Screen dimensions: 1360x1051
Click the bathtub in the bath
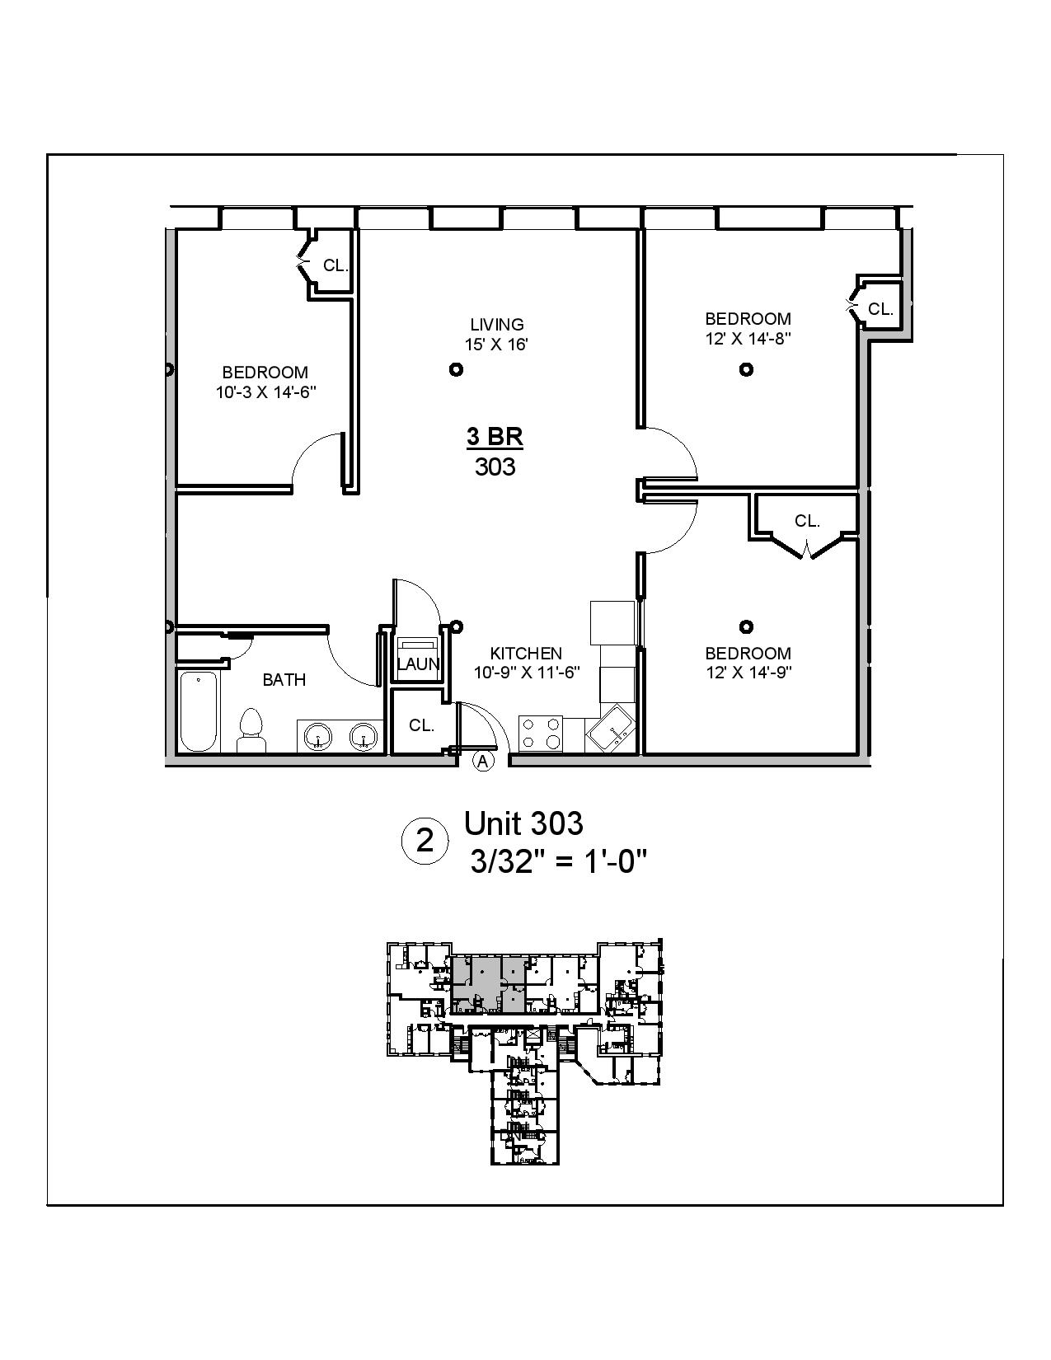[199, 712]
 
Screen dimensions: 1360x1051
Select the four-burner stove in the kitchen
[541, 733]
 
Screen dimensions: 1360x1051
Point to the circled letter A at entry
[483, 762]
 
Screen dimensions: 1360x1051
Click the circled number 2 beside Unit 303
[425, 842]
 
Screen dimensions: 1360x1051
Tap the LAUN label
[418, 664]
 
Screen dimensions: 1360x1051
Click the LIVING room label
[496, 325]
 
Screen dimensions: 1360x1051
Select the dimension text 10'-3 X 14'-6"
[266, 393]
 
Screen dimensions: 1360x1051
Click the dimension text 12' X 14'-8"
[748, 339]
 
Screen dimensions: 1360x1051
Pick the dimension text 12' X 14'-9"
[748, 673]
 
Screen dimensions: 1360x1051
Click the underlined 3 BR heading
[495, 437]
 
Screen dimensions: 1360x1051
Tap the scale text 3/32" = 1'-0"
[557, 862]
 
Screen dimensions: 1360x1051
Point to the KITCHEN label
[526, 654]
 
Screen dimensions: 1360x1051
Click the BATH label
[284, 680]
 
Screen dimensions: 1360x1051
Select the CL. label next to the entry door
[421, 725]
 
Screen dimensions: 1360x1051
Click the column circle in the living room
[456, 369]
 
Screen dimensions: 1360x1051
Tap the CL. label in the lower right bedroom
[807, 521]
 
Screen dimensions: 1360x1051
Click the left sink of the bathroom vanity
[317, 735]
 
